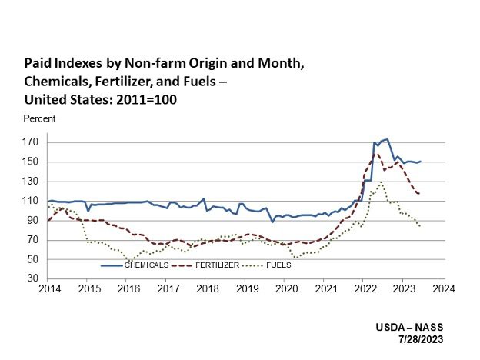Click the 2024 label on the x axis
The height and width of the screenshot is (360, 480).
(x=443, y=290)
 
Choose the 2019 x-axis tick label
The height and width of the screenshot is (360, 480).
(x=245, y=290)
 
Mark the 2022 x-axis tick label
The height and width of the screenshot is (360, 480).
(x=364, y=290)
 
